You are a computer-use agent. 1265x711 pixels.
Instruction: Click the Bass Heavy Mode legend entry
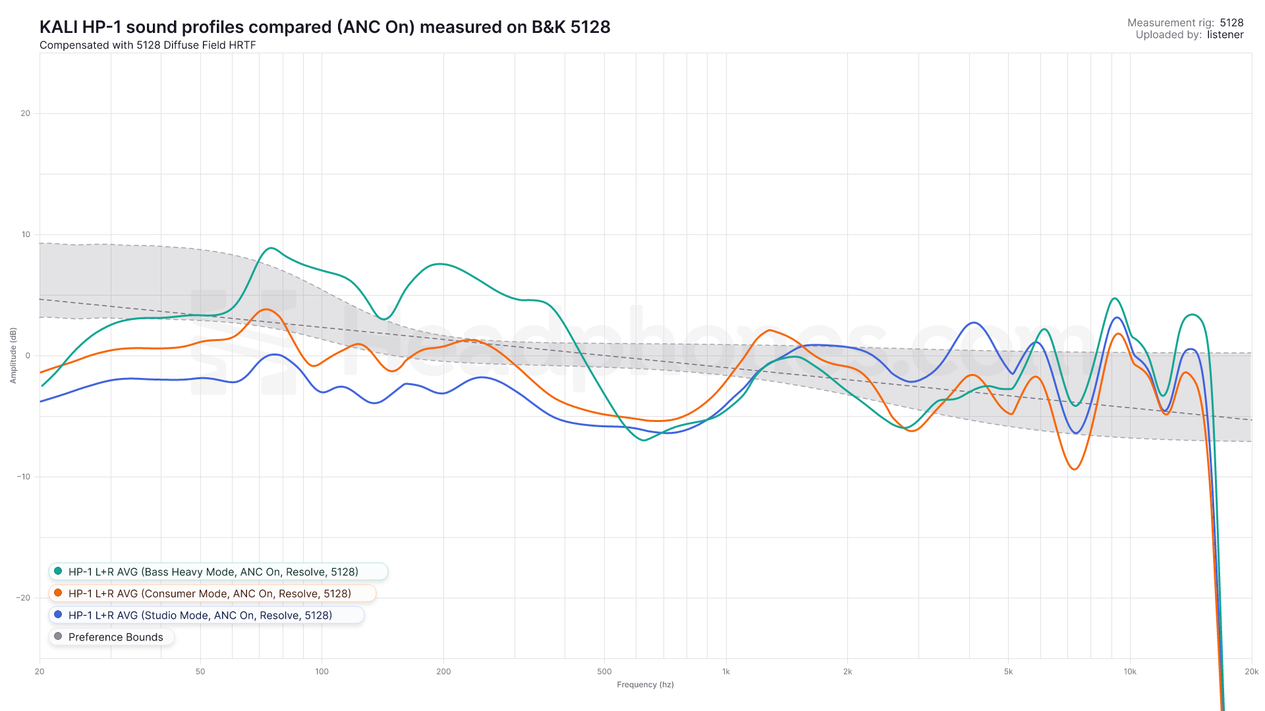click(213, 572)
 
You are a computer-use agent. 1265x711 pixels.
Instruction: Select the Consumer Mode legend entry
click(210, 594)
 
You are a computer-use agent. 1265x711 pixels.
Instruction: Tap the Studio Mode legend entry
click(200, 616)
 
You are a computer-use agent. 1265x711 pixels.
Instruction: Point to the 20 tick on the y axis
click(26, 113)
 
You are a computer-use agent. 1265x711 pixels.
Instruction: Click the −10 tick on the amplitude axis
click(24, 477)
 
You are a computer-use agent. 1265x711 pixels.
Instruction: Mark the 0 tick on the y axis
click(28, 355)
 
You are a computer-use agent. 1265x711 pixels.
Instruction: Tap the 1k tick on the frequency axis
click(726, 671)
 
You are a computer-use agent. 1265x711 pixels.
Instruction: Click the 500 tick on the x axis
click(604, 671)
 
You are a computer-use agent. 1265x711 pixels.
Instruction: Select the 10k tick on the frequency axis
click(1130, 671)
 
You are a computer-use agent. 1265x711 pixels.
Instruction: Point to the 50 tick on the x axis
click(200, 671)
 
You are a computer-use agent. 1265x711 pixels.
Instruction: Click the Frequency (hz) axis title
click(645, 685)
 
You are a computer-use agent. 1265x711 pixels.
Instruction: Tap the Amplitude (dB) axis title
click(13, 355)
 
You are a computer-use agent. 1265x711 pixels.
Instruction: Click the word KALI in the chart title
click(59, 27)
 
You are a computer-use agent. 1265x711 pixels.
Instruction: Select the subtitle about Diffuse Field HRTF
click(148, 45)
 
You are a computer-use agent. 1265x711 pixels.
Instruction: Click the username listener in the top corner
click(1225, 35)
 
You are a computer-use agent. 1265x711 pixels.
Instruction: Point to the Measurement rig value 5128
click(1231, 22)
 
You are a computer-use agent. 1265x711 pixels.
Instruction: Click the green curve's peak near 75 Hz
click(271, 248)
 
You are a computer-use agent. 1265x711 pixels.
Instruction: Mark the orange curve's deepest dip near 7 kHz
click(1075, 469)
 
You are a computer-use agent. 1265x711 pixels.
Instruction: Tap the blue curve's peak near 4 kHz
click(974, 323)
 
